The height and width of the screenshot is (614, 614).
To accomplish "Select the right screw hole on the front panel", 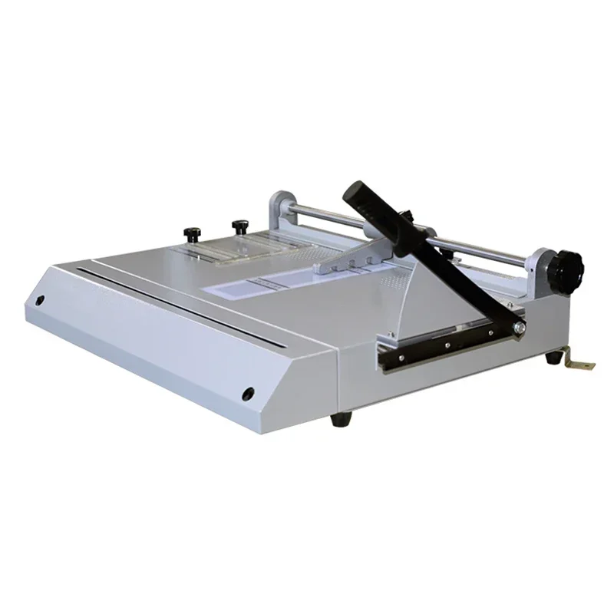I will click(x=249, y=394).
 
